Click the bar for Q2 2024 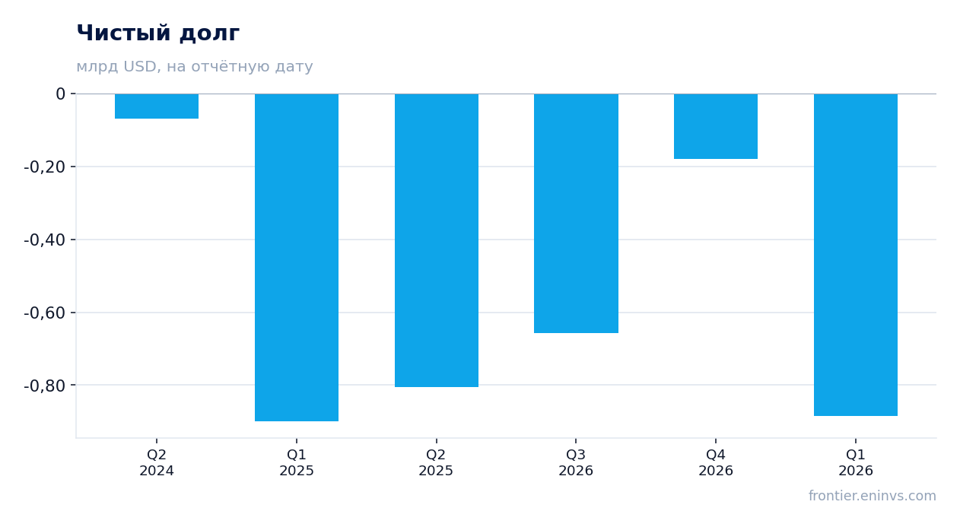point(157,106)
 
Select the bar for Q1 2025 point(297,257)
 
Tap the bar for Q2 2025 point(437,240)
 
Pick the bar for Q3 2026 point(576,214)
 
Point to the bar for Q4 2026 point(716,126)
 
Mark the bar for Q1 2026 point(856,255)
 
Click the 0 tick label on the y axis point(60,94)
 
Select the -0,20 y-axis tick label point(45,167)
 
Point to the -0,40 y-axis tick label point(45,240)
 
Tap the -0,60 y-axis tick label point(45,313)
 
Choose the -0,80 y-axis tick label point(45,386)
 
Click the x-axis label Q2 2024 point(157,462)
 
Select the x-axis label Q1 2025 point(297,462)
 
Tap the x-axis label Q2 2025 point(436,462)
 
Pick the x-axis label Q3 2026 point(576,462)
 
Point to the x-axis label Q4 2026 point(716,462)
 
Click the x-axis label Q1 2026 point(856,462)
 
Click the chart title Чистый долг point(157,33)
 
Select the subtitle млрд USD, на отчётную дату point(195,66)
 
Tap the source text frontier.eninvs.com point(873,496)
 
